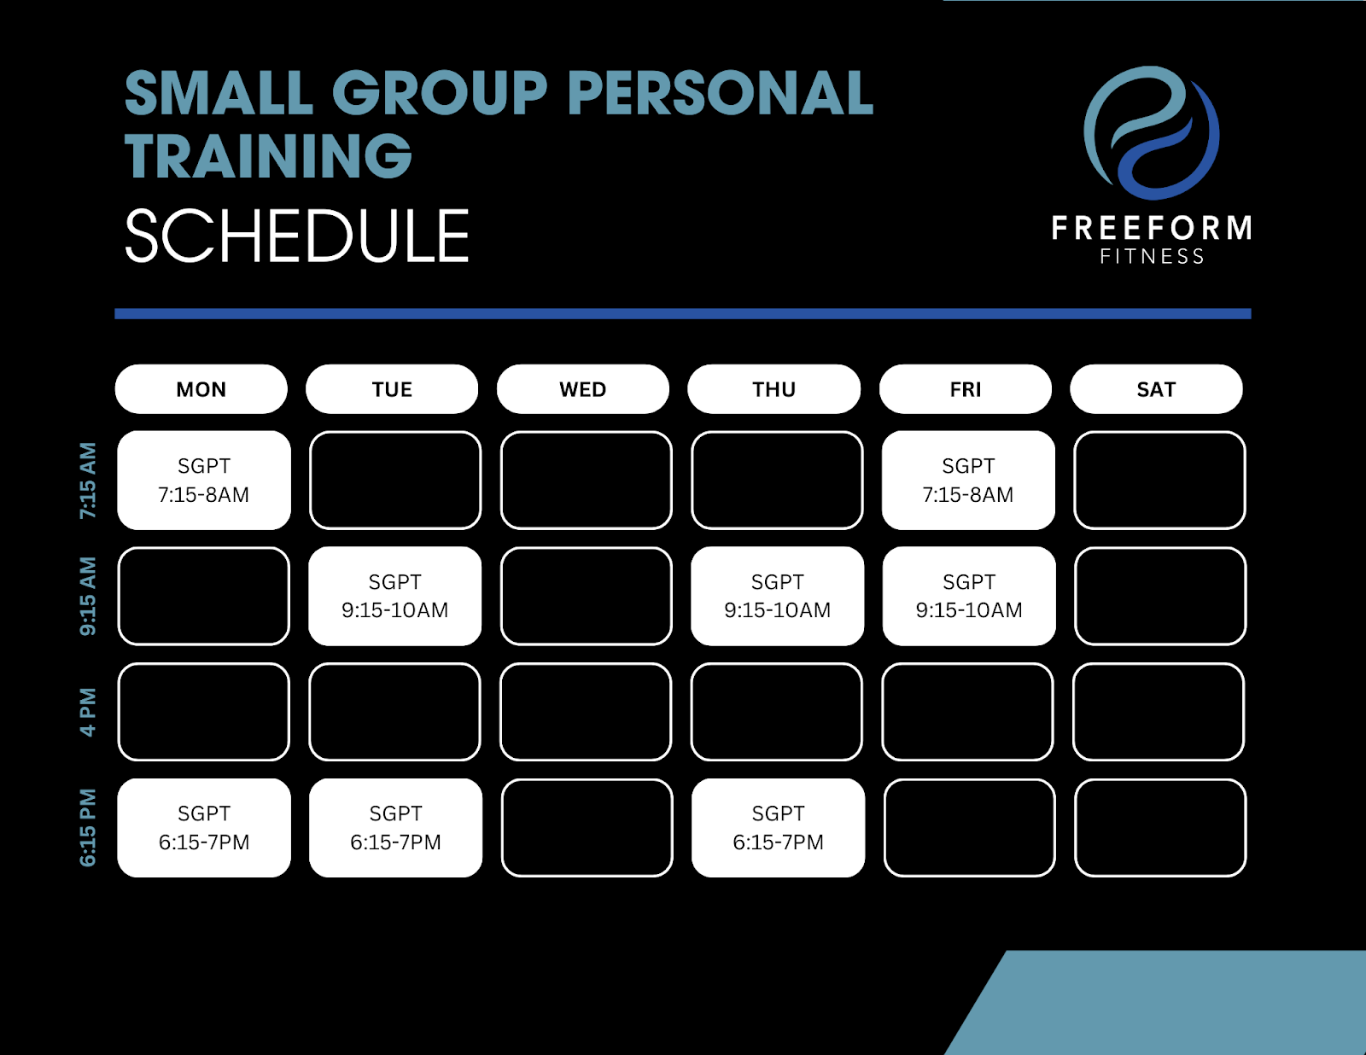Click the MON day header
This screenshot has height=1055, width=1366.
tap(201, 389)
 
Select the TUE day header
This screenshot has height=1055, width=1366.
tap(392, 389)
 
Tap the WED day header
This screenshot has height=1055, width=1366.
tap(583, 389)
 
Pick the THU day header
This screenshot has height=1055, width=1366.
tap(773, 389)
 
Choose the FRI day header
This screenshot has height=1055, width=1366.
tap(965, 389)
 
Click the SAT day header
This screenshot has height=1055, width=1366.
tap(1156, 389)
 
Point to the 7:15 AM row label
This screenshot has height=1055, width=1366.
tap(88, 481)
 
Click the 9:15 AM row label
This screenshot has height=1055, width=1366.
tap(88, 597)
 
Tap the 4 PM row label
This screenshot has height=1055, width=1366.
tap(88, 712)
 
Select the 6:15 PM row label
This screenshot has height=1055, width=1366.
tap(88, 828)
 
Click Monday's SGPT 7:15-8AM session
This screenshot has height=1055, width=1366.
tap(204, 480)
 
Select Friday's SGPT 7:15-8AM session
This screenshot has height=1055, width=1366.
tap(968, 480)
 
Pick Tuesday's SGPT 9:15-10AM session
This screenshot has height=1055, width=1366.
tap(394, 596)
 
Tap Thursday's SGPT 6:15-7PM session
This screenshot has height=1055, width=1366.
tap(779, 828)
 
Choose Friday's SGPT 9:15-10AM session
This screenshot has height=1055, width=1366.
tap(969, 596)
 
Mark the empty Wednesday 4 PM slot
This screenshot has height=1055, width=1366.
tap(586, 712)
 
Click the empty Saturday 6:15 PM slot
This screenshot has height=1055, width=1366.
tap(1160, 828)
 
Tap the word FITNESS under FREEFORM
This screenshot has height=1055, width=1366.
tap(1152, 256)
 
